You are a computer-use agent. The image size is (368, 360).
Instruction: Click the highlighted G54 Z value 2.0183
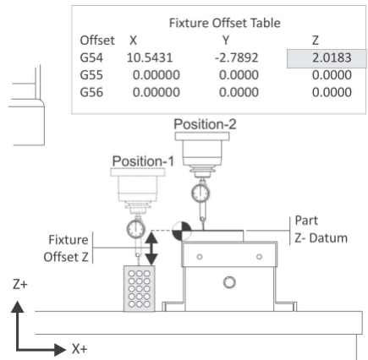(x=332, y=58)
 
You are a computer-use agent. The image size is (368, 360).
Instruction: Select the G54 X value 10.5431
(x=150, y=58)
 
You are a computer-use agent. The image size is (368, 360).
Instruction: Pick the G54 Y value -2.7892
(x=236, y=58)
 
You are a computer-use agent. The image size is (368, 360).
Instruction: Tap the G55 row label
(x=91, y=75)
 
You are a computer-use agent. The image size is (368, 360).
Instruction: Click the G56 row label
(x=91, y=92)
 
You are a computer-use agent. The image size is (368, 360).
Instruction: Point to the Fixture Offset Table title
(x=225, y=23)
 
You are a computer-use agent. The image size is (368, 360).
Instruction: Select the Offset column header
(x=97, y=41)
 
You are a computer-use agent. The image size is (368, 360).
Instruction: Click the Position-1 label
(x=143, y=161)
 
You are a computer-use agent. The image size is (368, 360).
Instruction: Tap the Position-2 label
(x=205, y=124)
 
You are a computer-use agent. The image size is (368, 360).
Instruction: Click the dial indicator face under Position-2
(x=200, y=194)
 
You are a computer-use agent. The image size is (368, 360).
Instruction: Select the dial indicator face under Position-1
(x=136, y=229)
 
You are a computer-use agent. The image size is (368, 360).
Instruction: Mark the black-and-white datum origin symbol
(x=182, y=232)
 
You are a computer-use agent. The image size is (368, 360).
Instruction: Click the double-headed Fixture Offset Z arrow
(x=151, y=248)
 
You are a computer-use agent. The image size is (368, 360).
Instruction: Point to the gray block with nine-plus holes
(x=140, y=288)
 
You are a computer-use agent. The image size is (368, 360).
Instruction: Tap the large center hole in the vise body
(x=229, y=282)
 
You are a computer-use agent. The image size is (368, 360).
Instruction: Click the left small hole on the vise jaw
(x=200, y=257)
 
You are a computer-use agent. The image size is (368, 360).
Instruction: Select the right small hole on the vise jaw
(x=259, y=257)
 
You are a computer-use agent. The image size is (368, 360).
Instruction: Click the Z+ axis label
(x=20, y=285)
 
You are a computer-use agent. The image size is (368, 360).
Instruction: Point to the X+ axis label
(x=80, y=349)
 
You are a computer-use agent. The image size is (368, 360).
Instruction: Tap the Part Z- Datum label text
(x=321, y=229)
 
